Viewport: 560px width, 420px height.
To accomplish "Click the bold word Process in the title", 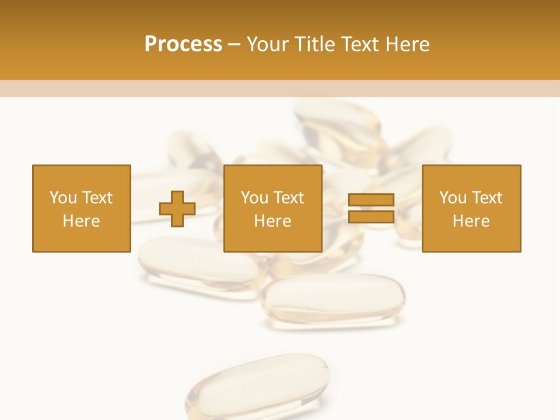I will pyautogui.click(x=183, y=44).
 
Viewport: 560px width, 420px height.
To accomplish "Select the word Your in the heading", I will pyautogui.click(x=267, y=44).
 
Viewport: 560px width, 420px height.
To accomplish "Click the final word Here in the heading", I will pyautogui.click(x=407, y=44).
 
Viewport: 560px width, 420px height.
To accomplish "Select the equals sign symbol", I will pyautogui.click(x=371, y=209).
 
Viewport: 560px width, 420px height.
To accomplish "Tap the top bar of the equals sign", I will pyautogui.click(x=371, y=200).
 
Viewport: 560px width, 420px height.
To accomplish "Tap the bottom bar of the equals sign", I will pyautogui.click(x=371, y=217).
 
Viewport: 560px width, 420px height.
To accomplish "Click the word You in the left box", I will pyautogui.click(x=63, y=198).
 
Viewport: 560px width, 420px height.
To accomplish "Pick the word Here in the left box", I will pyautogui.click(x=81, y=221).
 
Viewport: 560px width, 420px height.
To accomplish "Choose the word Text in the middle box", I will pyautogui.click(x=289, y=198).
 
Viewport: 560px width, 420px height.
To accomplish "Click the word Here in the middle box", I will pyautogui.click(x=272, y=221).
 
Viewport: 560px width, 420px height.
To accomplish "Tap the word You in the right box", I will pyautogui.click(x=453, y=198).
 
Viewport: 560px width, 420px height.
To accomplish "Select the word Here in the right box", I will pyautogui.click(x=471, y=221).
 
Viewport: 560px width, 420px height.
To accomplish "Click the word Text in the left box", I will pyautogui.click(x=97, y=198).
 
